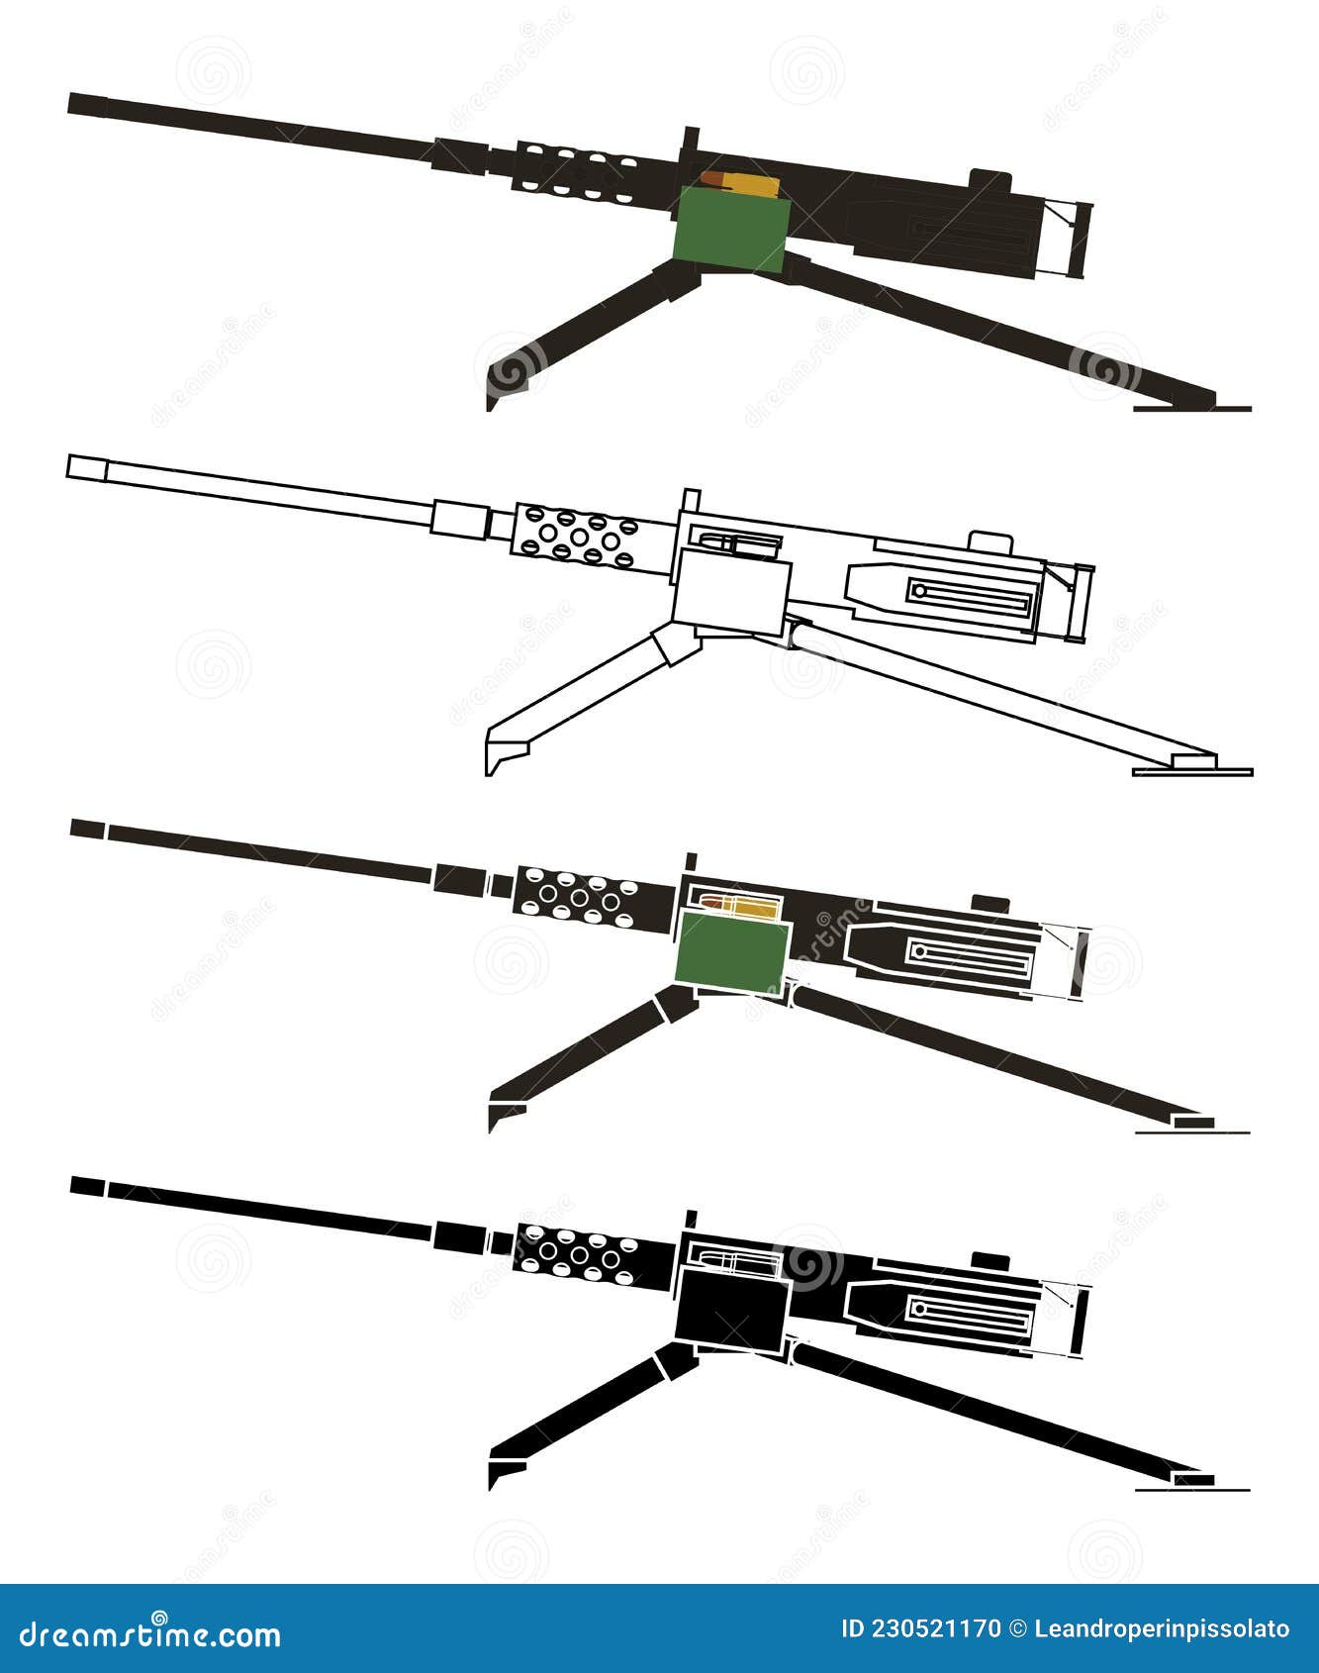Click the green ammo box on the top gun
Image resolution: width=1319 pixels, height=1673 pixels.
730,230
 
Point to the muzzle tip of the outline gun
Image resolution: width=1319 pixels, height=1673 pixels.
67,467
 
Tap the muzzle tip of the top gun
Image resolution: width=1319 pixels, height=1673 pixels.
69,103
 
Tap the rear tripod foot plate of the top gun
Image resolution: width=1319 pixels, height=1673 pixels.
1192,406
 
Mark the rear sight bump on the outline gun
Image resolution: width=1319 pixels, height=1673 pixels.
990,541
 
